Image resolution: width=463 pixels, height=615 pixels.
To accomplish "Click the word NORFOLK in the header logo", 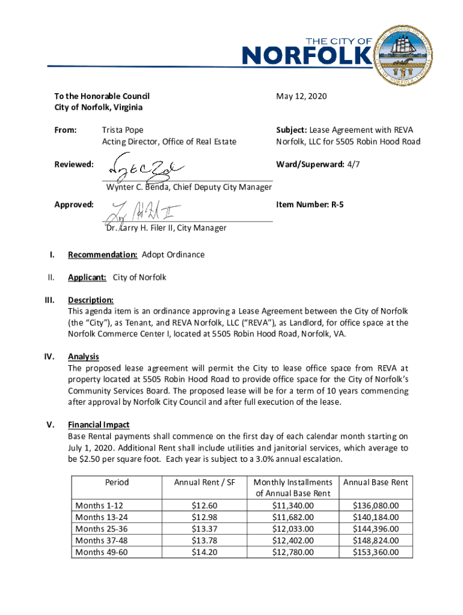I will pyautogui.click(x=306, y=56).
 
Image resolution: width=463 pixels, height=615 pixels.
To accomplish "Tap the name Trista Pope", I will pyautogui.click(x=122, y=130).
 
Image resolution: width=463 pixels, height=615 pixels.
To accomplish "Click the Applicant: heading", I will pyautogui.click(x=87, y=277).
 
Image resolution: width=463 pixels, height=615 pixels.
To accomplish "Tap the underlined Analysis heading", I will pyautogui.click(x=84, y=357).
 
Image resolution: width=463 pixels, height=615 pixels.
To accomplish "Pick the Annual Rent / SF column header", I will pyautogui.click(x=204, y=482).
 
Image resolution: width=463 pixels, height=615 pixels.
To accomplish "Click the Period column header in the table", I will pyautogui.click(x=117, y=482).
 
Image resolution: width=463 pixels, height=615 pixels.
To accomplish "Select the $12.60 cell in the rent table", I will pyautogui.click(x=204, y=506).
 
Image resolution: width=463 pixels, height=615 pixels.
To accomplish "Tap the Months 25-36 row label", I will pyautogui.click(x=101, y=529).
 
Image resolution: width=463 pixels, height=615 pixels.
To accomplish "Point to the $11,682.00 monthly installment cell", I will pyautogui.click(x=293, y=517).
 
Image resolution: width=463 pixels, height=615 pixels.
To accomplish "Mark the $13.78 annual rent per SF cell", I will pyautogui.click(x=204, y=541).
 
